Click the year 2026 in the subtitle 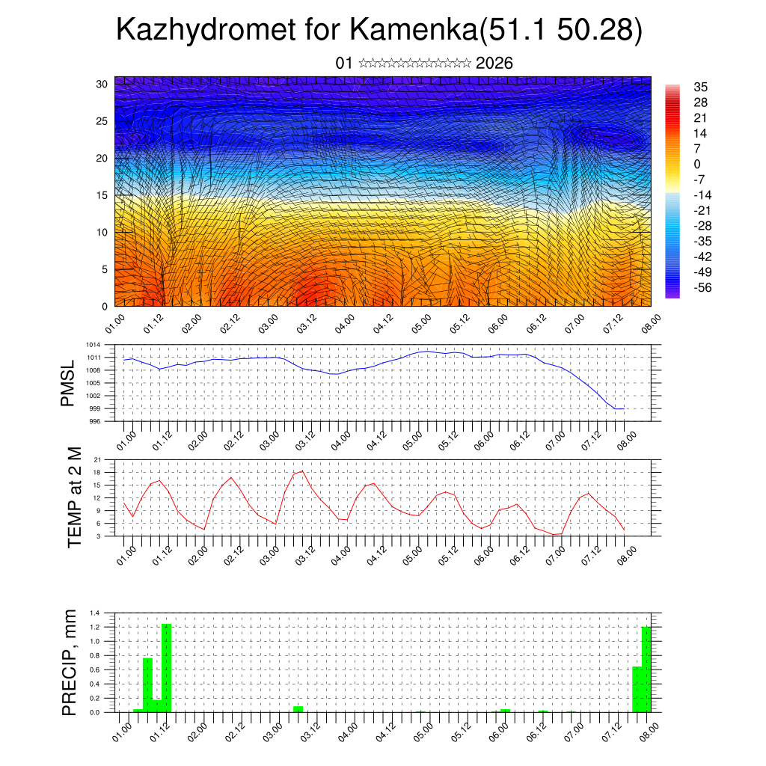494,64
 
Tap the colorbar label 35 701,87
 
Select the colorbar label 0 697,164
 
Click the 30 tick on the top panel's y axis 102,84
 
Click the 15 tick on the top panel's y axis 102,195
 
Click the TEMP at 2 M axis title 74,497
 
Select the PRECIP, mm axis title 69,663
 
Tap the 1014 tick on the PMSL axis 93,345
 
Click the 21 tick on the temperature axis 99,459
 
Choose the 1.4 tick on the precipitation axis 95,613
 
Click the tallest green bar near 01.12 167,667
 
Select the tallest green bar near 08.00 646,669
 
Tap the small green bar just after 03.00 298,709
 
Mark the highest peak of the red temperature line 302,471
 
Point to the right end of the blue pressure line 624,408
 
